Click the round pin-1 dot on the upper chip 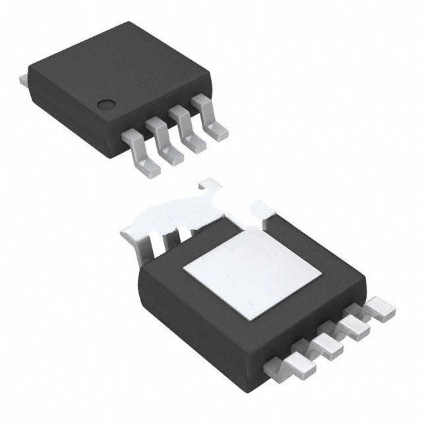(105, 104)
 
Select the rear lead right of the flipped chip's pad (267, 211)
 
